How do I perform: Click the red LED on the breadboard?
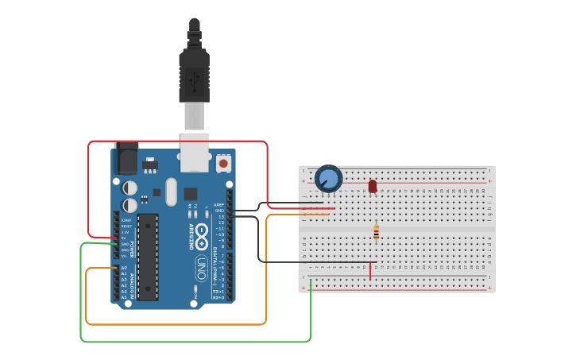373,186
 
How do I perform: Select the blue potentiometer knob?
328,178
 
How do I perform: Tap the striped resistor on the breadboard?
376,232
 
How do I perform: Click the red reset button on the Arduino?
223,163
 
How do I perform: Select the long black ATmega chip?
148,257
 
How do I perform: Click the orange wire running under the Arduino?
175,324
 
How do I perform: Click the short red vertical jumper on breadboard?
370,271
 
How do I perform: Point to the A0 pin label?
124,268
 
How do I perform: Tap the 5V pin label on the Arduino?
124,238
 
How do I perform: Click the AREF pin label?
219,204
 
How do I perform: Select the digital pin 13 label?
222,216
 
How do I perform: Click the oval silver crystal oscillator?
171,192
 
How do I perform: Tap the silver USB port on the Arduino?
194,153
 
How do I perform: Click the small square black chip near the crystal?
191,193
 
